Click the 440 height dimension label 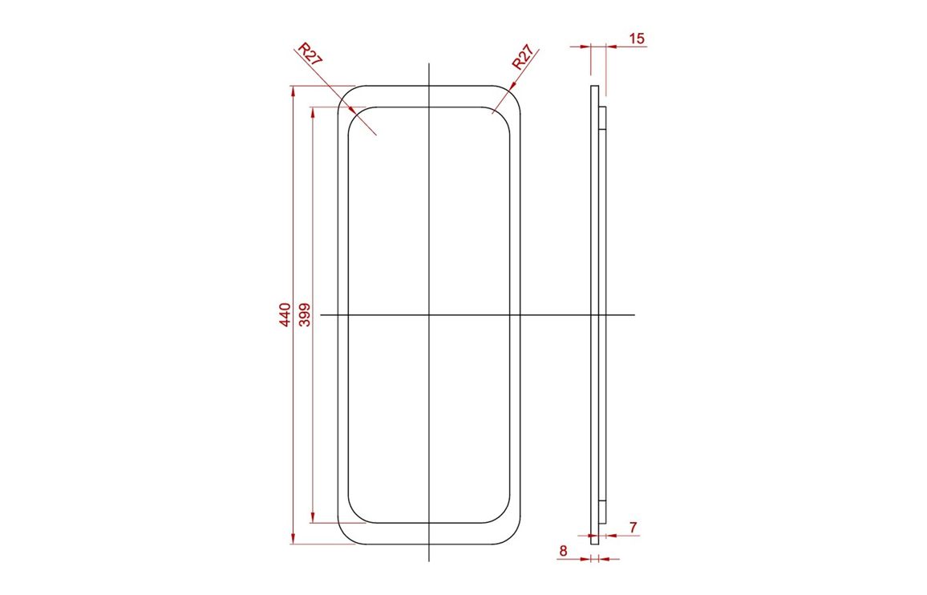[285, 314]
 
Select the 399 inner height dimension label [305, 314]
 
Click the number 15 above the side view [636, 38]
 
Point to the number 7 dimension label [634, 527]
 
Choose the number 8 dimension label [563, 551]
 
